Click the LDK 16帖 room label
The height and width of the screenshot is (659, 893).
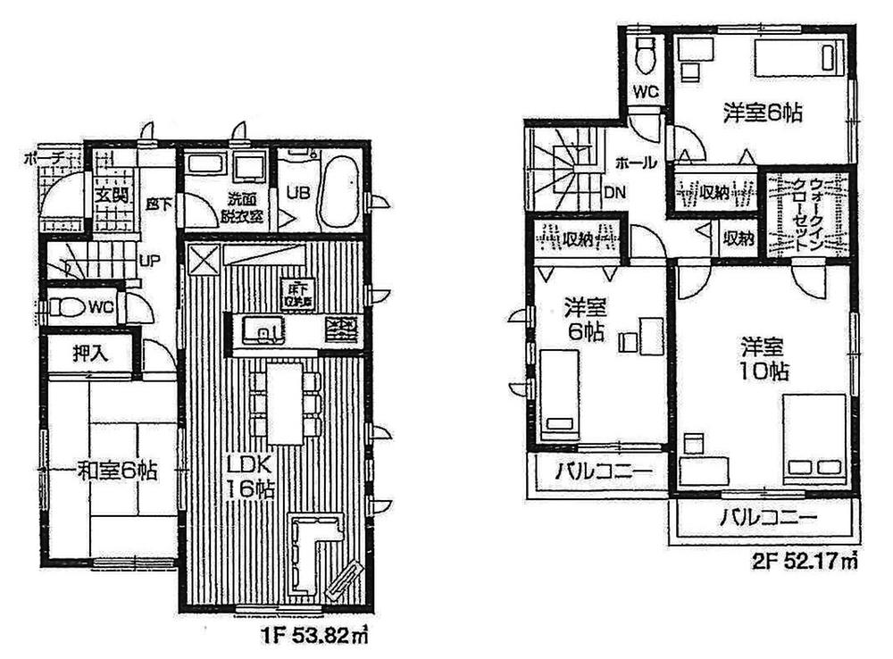pyautogui.click(x=249, y=477)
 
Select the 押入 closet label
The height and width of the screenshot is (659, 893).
pyautogui.click(x=89, y=352)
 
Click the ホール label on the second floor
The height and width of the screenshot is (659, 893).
pyautogui.click(x=635, y=163)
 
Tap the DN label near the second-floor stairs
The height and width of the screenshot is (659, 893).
pyautogui.click(x=615, y=191)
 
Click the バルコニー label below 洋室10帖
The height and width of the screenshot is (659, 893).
pyautogui.click(x=765, y=517)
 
